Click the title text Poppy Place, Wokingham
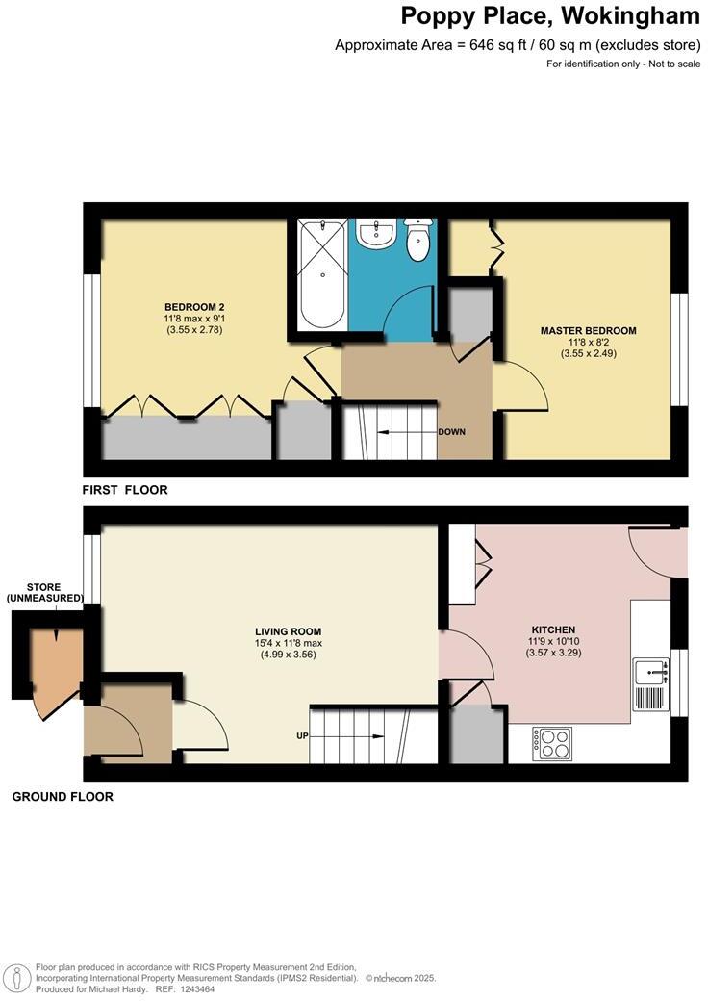(549, 16)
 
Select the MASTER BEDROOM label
(588, 331)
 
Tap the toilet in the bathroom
(418, 241)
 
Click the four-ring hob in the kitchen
(552, 744)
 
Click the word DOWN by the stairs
(451, 432)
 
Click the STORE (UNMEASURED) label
(44, 593)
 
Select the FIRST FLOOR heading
(125, 490)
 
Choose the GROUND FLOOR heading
(63, 797)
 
